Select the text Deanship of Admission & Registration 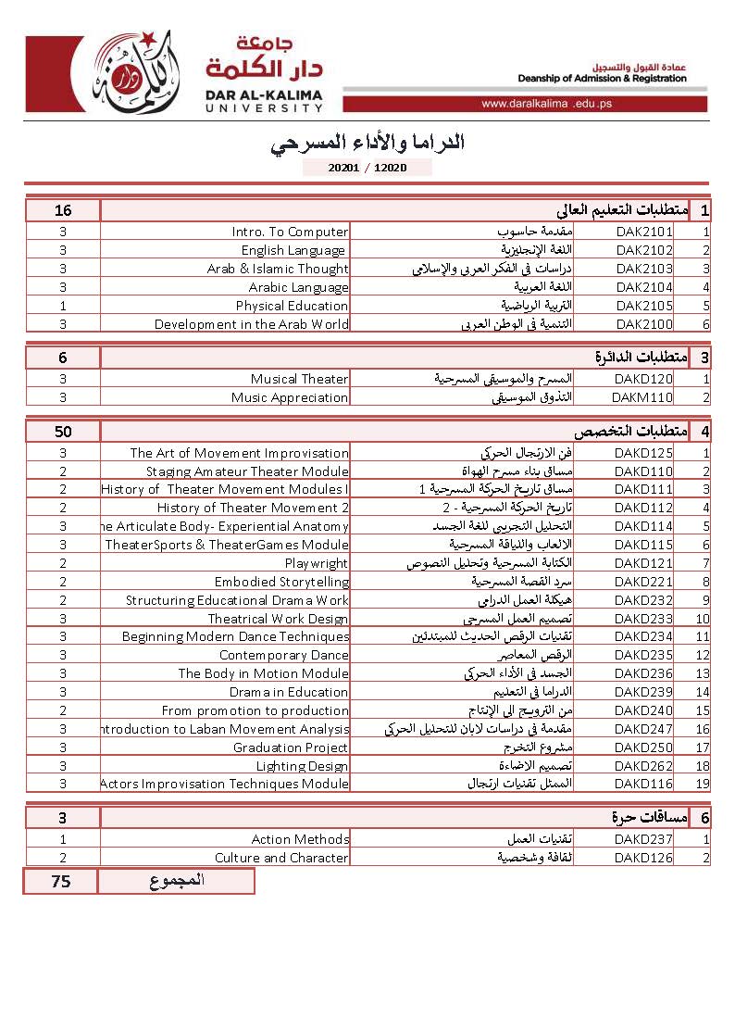602,79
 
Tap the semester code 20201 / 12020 367,168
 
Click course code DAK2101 644,232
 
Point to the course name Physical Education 292,306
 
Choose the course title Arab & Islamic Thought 278,269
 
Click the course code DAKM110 642,397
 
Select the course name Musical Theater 299,379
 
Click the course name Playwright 317,563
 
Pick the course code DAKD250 644,747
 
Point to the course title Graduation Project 291,747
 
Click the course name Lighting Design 302,766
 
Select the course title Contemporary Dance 284,655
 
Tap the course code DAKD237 644,839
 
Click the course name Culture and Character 281,858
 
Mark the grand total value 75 61,882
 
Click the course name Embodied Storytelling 282,582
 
